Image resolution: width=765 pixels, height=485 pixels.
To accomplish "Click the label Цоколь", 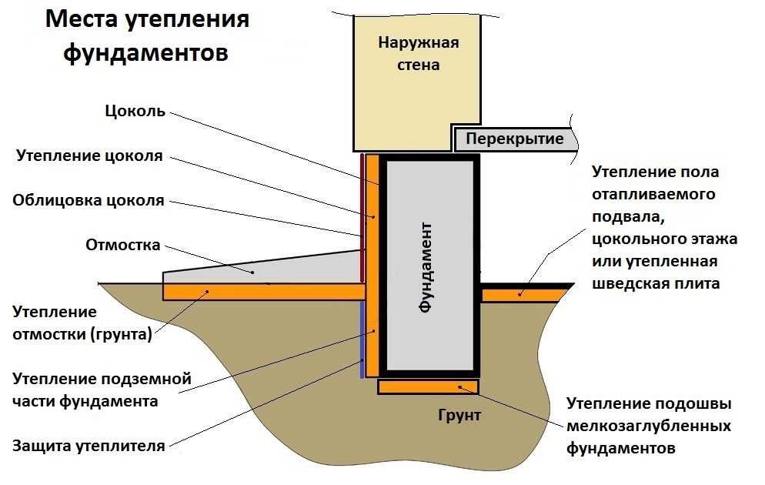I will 135,111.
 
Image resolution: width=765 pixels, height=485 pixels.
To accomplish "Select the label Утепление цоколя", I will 89,156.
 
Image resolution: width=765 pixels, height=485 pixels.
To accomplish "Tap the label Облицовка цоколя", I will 89,201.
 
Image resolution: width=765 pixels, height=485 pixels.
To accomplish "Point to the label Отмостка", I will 123,246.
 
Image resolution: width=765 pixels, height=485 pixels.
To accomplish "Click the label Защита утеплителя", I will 89,446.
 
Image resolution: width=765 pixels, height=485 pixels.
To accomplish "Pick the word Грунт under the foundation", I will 459,416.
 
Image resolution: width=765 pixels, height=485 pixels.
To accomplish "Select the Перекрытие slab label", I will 514,139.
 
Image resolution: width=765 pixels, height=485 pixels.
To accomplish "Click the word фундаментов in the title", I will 145,53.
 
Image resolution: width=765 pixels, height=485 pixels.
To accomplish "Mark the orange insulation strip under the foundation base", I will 428,386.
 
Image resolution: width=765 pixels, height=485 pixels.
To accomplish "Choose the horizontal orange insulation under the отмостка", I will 262,291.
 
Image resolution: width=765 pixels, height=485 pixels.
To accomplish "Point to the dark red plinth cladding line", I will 362,216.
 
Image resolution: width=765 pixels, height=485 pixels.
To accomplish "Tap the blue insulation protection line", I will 361,339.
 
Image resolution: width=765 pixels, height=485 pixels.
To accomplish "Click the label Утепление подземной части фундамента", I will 102,390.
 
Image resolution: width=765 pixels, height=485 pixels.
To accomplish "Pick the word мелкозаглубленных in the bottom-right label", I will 649,426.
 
